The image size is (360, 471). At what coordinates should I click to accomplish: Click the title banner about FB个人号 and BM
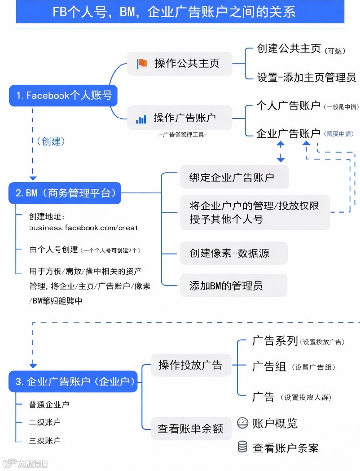pos(180,12)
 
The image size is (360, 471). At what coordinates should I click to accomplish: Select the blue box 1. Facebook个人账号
pos(63,95)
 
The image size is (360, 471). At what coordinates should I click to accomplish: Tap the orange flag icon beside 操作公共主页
pos(142,63)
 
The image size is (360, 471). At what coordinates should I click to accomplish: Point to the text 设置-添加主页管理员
pos(306,77)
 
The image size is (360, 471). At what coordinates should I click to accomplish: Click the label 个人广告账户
pos(288,106)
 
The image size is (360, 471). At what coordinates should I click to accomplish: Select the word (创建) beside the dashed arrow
pos(51,141)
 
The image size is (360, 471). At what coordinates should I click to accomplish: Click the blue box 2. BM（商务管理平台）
pos(65,193)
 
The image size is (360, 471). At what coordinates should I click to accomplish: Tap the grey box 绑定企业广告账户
pos(234,177)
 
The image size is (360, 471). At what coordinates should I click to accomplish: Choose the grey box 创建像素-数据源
pos(234,253)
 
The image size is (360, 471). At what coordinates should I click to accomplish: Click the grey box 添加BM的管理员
pos(234,285)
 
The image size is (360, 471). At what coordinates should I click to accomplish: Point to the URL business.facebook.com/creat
pos(84,228)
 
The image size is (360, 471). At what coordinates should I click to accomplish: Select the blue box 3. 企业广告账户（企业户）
pos(73,382)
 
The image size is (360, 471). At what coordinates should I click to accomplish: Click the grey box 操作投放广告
pos(190,365)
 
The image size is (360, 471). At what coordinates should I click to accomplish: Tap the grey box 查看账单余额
pos(190,429)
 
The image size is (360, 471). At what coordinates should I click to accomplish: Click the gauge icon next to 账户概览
pos(242,423)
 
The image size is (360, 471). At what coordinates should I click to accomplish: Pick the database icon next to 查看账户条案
pos(242,447)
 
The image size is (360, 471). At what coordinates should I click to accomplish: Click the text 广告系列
pos(274,341)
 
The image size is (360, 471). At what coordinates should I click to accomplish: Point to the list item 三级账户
pos(45,441)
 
